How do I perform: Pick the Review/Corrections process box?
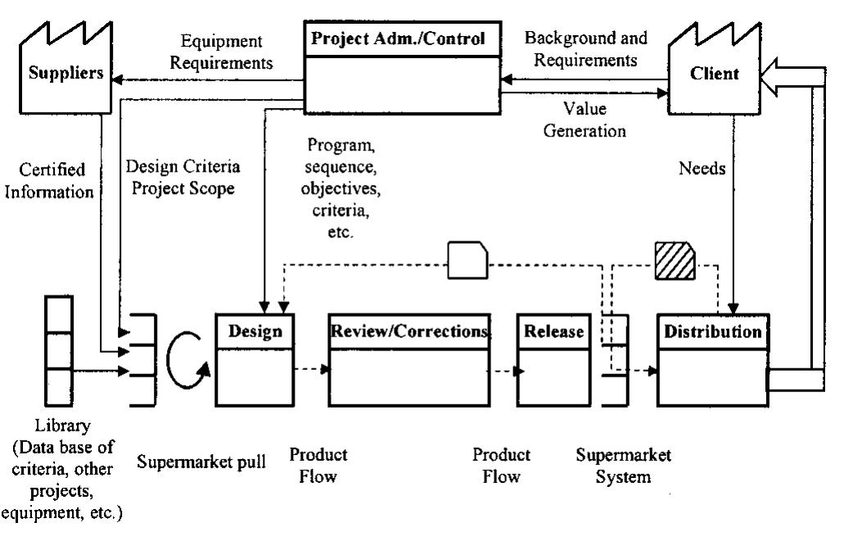(408, 359)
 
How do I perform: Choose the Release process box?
(553, 359)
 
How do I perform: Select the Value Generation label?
(584, 119)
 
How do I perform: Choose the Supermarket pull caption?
(201, 462)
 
